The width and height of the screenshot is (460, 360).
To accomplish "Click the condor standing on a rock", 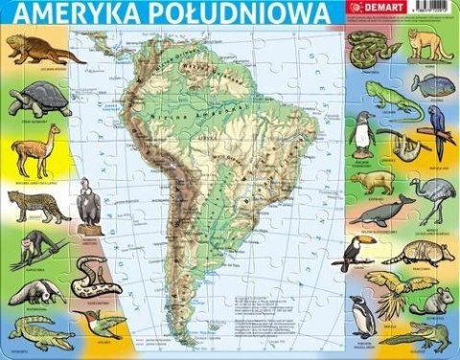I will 88,202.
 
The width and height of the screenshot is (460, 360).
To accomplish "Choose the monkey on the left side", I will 34,247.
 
